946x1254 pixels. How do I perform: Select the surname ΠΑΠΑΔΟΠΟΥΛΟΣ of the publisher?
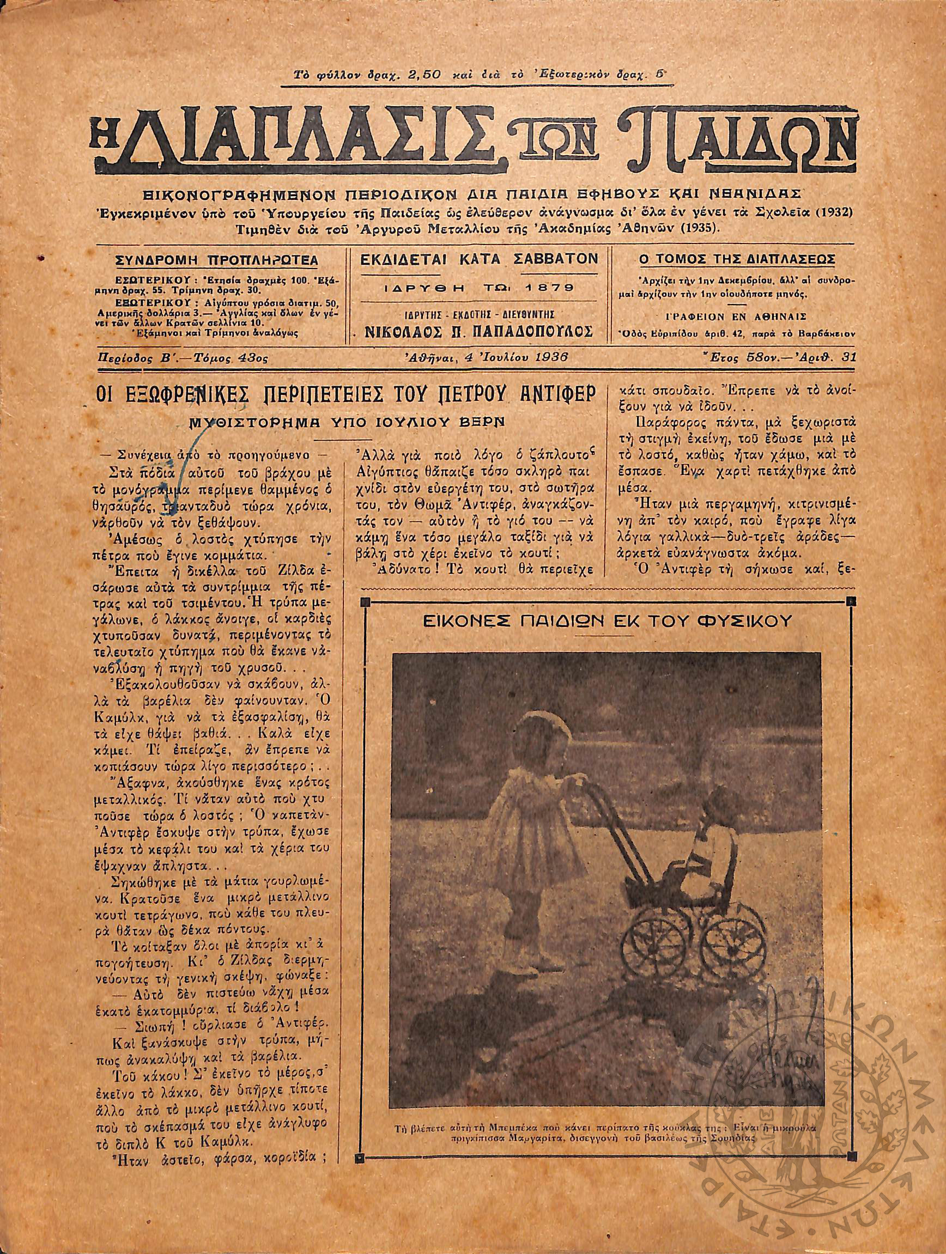(x=541, y=331)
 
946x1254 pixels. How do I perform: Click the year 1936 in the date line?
(x=550, y=357)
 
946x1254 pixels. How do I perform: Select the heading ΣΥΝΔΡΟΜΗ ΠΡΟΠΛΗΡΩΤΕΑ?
(x=216, y=260)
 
